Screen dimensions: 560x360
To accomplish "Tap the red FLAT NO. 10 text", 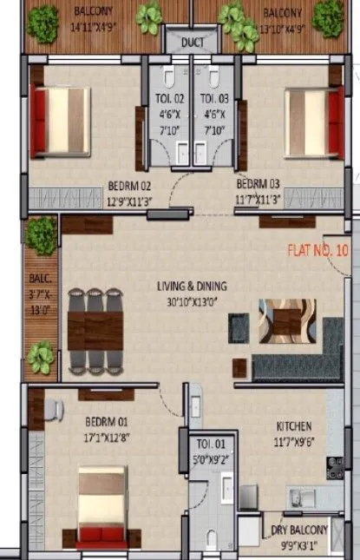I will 317,252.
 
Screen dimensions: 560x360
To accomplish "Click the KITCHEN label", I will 294,427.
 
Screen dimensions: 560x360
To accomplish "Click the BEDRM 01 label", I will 107,423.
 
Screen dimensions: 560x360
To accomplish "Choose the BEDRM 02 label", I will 130,186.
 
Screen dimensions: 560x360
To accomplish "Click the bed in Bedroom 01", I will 102,507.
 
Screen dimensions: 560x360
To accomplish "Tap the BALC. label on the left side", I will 41,279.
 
